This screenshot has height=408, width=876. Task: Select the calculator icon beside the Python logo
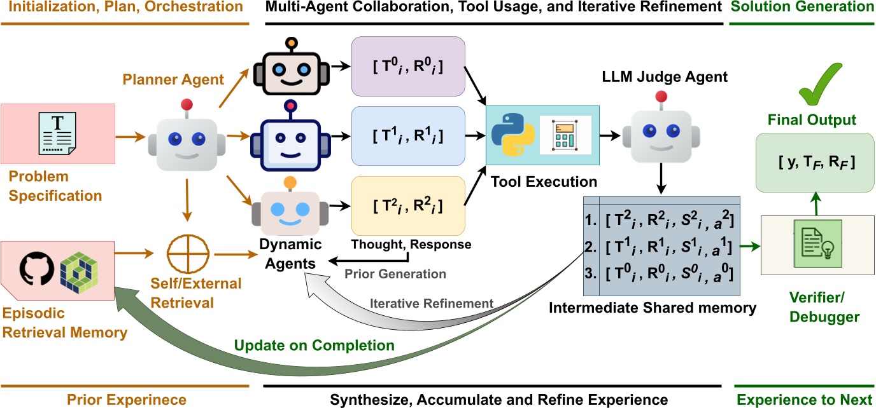point(565,135)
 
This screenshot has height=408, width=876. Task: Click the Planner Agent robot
point(187,138)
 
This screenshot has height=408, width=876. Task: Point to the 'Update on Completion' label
point(314,345)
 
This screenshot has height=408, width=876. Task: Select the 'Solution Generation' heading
point(801,8)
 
